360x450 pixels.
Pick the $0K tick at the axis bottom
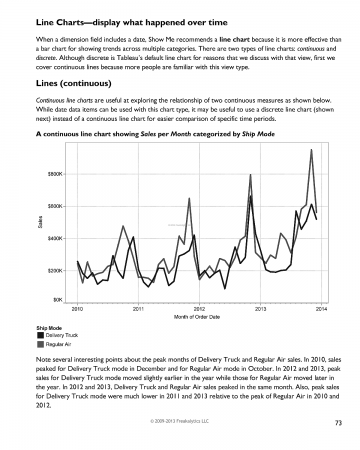click(57, 303)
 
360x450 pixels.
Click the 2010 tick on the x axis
click(77, 311)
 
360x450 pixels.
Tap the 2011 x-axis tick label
click(138, 311)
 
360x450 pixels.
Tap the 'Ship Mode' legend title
click(50, 327)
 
